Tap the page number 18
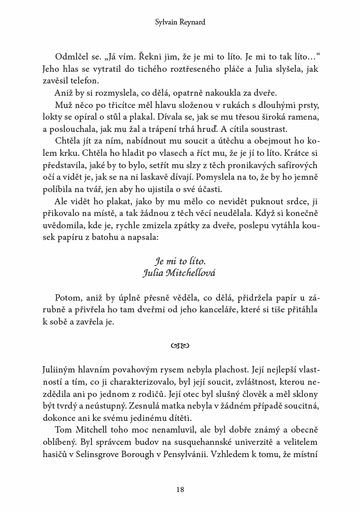(x=180, y=489)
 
